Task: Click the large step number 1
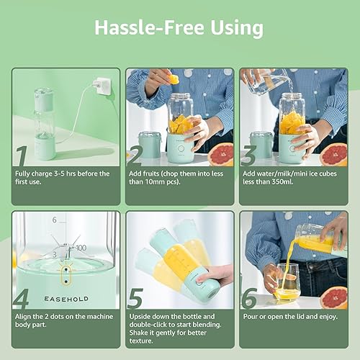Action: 22,155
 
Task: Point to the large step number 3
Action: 250,155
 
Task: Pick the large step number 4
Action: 22,297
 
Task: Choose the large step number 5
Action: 135,297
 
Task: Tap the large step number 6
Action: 250,297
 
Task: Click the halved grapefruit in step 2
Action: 221,153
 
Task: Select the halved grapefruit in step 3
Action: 334,153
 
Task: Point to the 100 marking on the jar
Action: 81,247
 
